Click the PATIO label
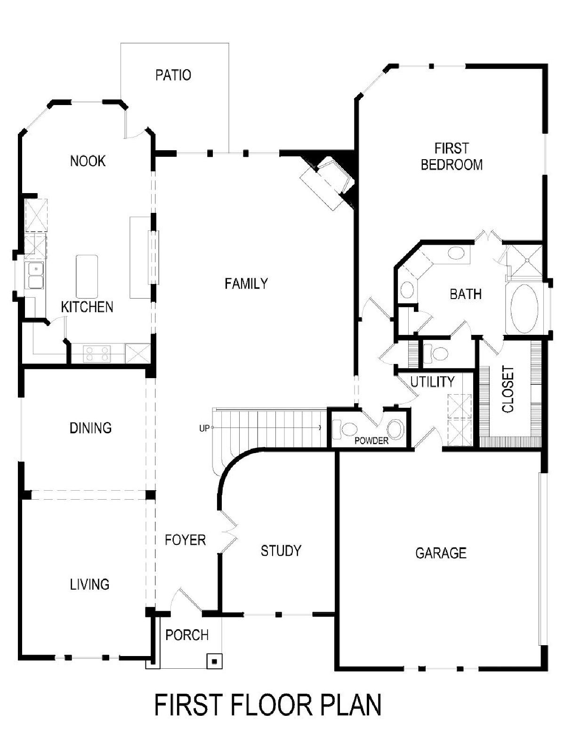[173, 75]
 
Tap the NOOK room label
[88, 161]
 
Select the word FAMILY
[246, 284]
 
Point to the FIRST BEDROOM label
[452, 157]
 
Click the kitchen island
[87, 276]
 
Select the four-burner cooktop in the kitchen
[97, 354]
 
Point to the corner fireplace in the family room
[327, 182]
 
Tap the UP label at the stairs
[204, 429]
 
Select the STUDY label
[281, 551]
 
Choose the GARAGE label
[441, 553]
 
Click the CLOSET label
[508, 389]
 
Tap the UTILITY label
[432, 381]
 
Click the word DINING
[90, 428]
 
